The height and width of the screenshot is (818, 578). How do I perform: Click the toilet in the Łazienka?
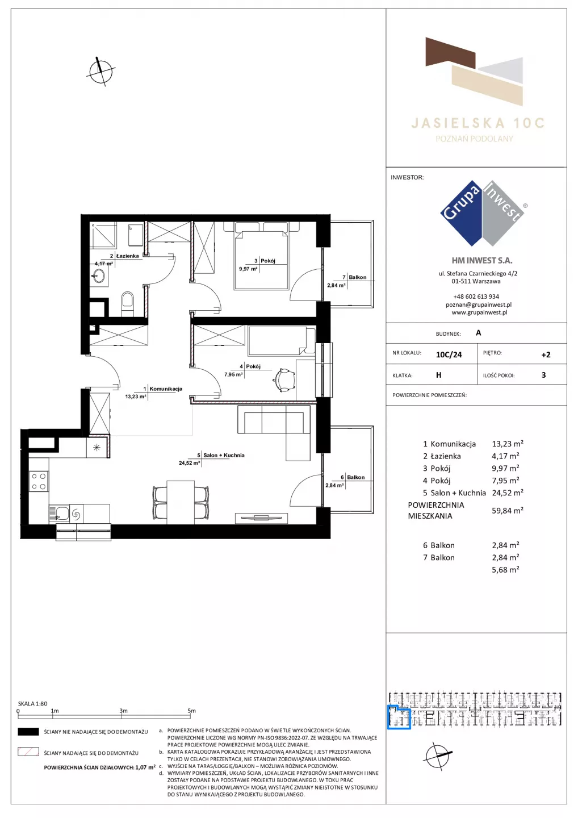pos(127,303)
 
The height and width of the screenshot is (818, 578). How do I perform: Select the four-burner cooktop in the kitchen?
pos(38,481)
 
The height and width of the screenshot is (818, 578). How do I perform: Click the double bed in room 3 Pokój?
pos(262,256)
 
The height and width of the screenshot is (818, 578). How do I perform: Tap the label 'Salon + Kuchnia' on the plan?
pos(224,455)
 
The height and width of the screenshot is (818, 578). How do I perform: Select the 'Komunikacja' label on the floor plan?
pos(166,389)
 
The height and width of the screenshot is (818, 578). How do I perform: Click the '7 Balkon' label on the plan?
pos(354,277)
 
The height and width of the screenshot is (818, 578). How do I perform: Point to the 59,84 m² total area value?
pos(507,510)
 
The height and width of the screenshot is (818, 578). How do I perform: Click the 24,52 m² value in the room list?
pos(507,493)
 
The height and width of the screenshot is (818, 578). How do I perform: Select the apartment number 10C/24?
pos(449,354)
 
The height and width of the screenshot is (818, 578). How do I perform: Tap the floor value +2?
pos(546,354)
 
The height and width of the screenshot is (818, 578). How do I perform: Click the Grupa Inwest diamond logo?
pos(483,213)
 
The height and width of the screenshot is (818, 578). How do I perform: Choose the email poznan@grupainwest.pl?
pos(479,304)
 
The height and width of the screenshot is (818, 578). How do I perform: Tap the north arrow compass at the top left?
pos(100,71)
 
